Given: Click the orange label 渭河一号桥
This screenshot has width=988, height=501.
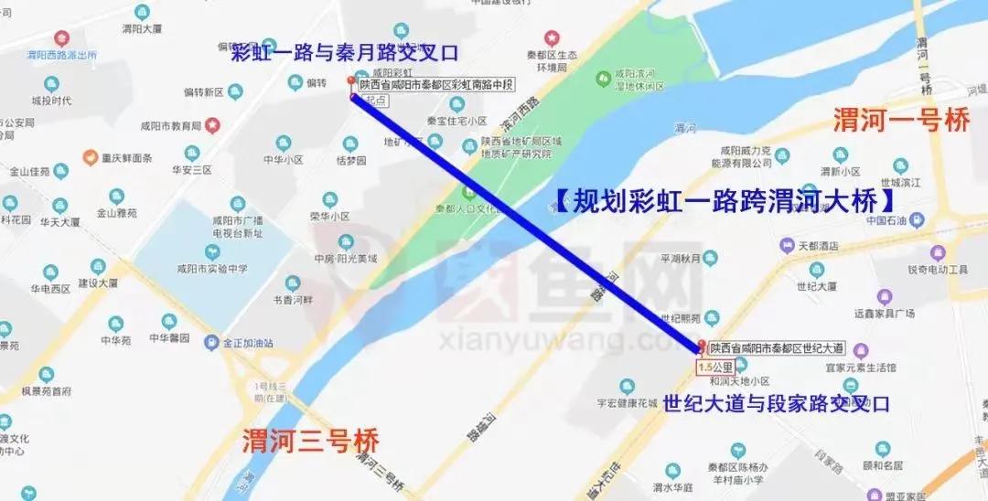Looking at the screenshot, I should (x=900, y=121).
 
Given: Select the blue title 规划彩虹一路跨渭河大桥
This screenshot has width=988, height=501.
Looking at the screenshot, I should (x=723, y=200).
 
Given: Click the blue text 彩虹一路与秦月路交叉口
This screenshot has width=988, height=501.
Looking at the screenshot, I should (x=344, y=51).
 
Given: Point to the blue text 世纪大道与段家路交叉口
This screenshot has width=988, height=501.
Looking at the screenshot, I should (x=776, y=403).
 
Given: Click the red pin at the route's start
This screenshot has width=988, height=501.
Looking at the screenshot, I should (x=351, y=84).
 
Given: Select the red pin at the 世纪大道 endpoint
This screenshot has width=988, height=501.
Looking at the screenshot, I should (x=702, y=346).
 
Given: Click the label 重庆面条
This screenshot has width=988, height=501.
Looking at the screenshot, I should (x=127, y=158).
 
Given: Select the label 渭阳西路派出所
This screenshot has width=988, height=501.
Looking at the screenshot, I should (x=61, y=55).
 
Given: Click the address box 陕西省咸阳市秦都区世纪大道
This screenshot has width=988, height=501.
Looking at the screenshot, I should (x=777, y=347).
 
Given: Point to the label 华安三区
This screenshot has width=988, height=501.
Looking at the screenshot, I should (x=191, y=169).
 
